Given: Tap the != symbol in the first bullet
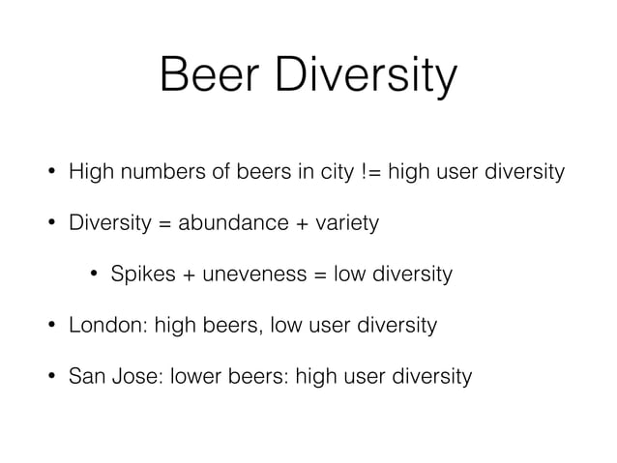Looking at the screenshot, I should [x=373, y=174].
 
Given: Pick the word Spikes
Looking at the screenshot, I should [x=140, y=275].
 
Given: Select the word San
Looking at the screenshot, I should [x=86, y=375].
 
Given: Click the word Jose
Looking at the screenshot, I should [x=130, y=375].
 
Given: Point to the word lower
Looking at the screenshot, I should [x=192, y=375].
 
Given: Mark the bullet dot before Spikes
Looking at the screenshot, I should [x=94, y=275].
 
